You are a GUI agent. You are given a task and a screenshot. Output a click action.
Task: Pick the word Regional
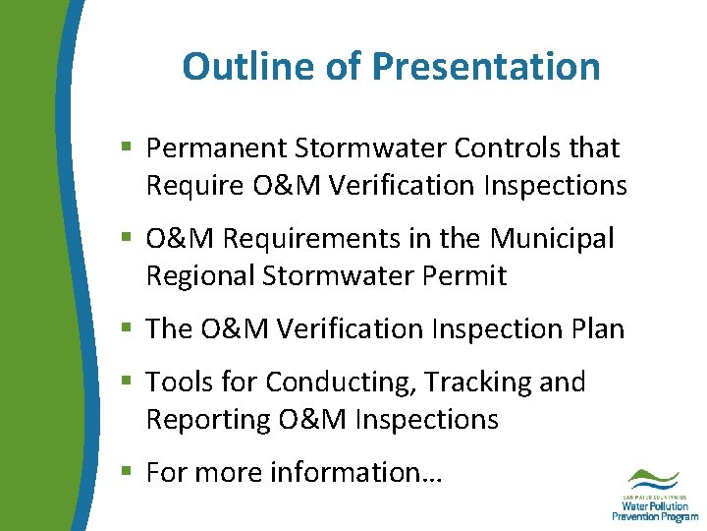pyautogui.click(x=199, y=276)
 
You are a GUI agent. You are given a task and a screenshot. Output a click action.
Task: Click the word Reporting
pyautogui.click(x=208, y=419)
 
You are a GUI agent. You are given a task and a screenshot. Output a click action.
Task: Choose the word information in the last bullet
pyautogui.click(x=356, y=472)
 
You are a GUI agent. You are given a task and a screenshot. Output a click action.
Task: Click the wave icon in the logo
pyautogui.click(x=651, y=479)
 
